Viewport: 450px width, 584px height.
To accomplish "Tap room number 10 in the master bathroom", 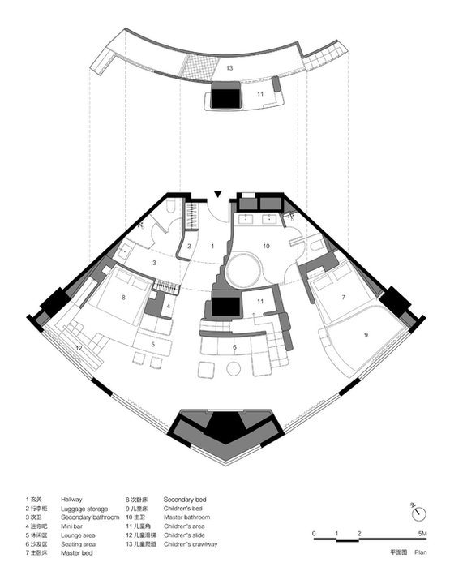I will pos(265,244).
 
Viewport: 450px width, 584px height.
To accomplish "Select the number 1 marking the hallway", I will pos(212,245).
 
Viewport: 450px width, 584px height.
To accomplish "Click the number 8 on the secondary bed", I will pos(123,298).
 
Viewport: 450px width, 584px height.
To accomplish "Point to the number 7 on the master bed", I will pos(343,298).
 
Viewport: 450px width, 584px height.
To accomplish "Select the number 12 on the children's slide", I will pos(79,348).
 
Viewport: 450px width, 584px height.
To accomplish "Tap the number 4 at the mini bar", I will pos(169,306).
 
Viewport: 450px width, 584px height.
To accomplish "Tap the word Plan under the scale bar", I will pos(420,549).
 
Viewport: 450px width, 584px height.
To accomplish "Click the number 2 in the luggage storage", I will pos(189,246).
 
